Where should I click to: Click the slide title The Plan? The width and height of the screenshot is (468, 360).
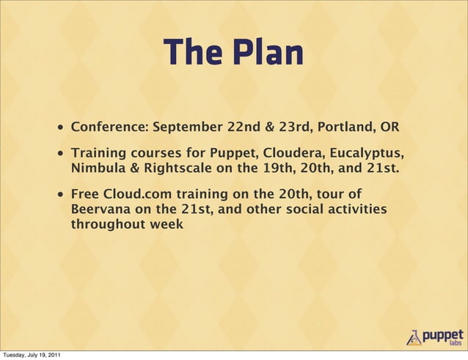[x=233, y=52]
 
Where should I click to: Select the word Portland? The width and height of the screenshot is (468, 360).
[x=347, y=127]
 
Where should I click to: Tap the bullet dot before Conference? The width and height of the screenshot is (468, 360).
[x=58, y=128]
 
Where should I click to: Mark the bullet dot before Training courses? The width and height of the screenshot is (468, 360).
[x=58, y=155]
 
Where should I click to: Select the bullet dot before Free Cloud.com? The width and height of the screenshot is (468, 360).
[x=58, y=196]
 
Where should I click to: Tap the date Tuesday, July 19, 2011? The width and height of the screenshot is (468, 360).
[x=32, y=355]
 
